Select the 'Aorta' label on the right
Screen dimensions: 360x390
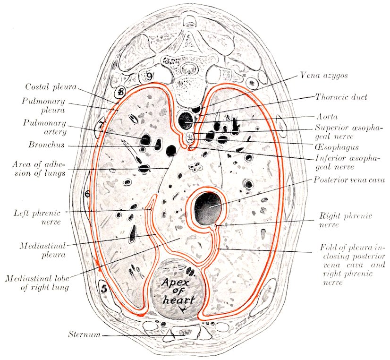(x=326, y=116)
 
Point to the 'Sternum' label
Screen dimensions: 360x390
(x=84, y=335)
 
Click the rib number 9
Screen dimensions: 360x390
(x=149, y=76)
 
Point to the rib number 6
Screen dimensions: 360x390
(x=87, y=194)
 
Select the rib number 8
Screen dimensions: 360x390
(x=121, y=92)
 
